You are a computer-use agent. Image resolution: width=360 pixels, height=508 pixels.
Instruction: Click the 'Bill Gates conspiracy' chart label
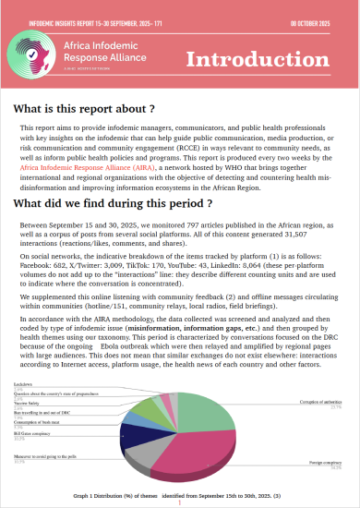(x=33, y=430)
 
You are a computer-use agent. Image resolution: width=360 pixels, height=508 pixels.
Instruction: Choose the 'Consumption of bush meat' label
(x=38, y=421)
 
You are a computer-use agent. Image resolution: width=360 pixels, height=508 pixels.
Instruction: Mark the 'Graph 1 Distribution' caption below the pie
(x=179, y=497)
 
